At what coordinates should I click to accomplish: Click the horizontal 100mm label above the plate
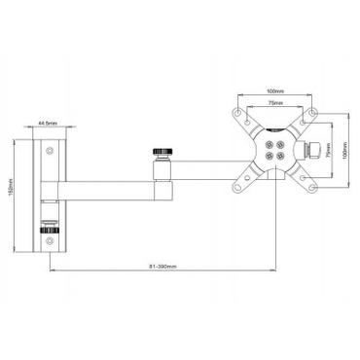coord(276,94)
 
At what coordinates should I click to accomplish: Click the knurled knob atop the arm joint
coord(162,153)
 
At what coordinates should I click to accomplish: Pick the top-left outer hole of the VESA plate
coord(239,113)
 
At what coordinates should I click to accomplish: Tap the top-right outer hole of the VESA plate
coord(312,113)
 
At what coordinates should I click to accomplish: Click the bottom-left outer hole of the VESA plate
coord(239,187)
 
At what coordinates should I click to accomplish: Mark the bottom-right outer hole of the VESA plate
coord(312,187)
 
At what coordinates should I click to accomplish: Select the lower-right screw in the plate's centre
coord(282,156)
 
